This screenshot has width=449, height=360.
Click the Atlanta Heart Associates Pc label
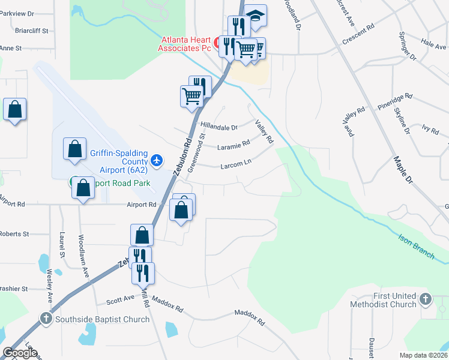[185, 44]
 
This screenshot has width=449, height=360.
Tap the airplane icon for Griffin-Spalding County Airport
[157, 160]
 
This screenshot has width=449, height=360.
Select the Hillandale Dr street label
[219, 127]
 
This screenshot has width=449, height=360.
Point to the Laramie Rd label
[234, 145]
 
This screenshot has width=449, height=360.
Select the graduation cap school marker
[256, 16]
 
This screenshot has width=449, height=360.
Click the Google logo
[20, 353]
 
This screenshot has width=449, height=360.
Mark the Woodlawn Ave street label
[85, 254]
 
